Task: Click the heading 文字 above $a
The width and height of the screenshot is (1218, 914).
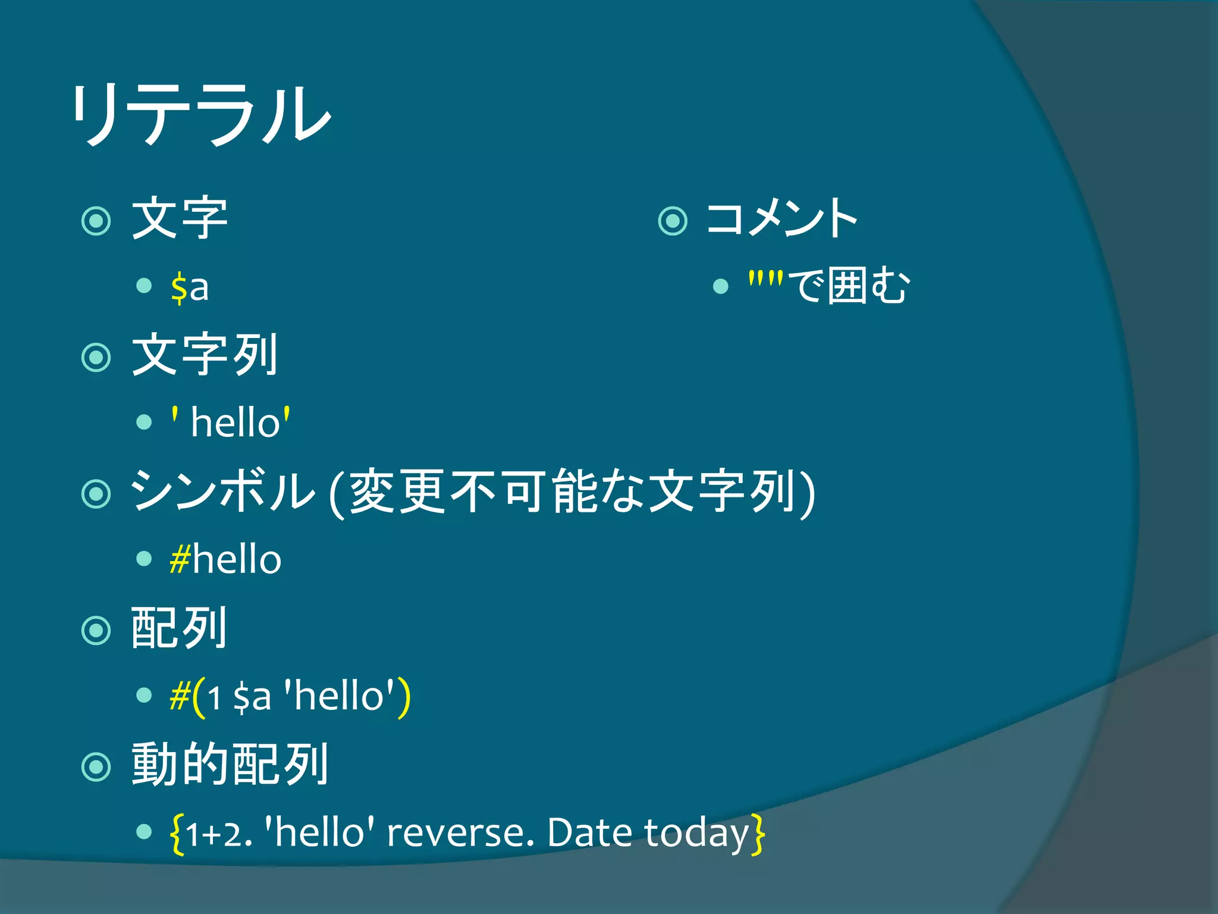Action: pyautogui.click(x=179, y=218)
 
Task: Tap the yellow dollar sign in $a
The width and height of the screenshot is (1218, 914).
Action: pyautogui.click(x=178, y=287)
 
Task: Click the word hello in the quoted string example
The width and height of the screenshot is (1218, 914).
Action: pyautogui.click(x=236, y=423)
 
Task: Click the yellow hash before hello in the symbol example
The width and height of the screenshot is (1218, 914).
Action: pyautogui.click(x=180, y=559)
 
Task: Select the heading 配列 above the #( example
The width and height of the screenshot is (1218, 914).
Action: pyautogui.click(x=179, y=628)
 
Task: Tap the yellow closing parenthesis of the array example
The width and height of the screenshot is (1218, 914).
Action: pyautogui.click(x=404, y=697)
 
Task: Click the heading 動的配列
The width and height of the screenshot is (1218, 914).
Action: pyautogui.click(x=230, y=765)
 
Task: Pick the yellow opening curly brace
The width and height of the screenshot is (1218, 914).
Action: pyautogui.click(x=177, y=834)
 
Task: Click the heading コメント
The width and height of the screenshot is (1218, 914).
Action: pyautogui.click(x=781, y=218)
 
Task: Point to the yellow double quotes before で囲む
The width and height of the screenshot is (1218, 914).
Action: pyautogui.click(x=766, y=278)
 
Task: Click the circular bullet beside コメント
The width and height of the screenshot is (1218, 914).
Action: pyautogui.click(x=673, y=221)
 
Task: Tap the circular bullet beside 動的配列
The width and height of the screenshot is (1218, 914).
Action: pyautogui.click(x=96, y=767)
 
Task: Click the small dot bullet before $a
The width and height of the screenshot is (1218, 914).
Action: pyautogui.click(x=144, y=286)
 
